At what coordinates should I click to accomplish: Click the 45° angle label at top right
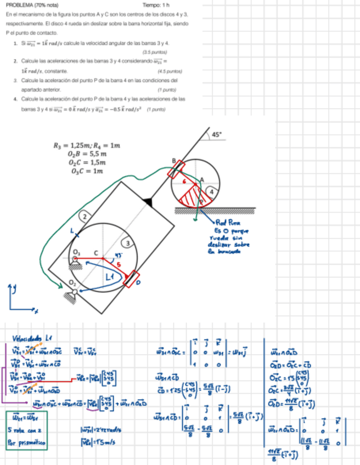217,134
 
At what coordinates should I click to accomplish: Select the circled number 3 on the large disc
128,242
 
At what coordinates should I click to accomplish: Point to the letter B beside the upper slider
173,161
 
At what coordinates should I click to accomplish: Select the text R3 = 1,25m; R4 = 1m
86,145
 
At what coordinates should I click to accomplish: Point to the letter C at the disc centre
96,253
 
